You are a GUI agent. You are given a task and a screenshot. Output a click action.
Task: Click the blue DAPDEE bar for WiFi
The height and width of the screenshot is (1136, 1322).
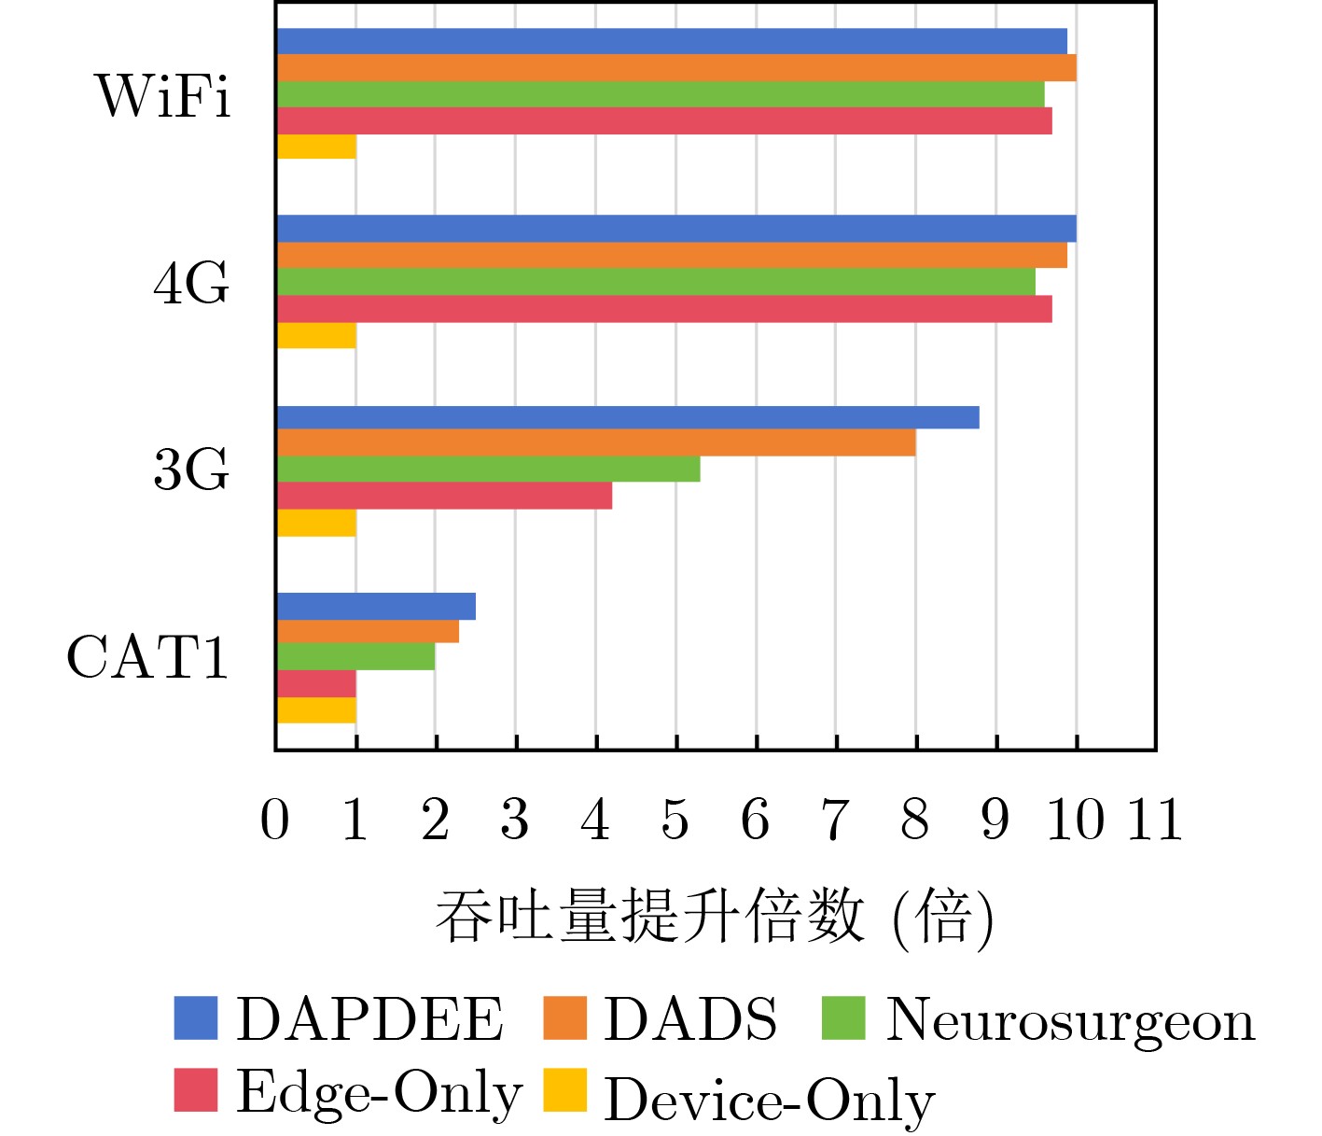[672, 41]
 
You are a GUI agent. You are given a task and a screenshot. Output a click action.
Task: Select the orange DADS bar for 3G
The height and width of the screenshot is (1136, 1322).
[596, 442]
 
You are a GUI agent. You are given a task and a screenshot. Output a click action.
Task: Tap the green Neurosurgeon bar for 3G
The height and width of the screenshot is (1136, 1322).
[488, 469]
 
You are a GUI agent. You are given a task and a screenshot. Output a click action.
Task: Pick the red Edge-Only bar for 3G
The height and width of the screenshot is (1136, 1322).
[444, 496]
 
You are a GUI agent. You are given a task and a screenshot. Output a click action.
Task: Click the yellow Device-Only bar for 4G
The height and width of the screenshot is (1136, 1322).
[316, 335]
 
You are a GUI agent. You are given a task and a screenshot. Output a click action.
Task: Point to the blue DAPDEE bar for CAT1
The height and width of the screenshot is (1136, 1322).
[376, 606]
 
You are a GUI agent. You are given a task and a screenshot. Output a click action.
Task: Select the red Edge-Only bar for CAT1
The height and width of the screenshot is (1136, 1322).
[316, 683]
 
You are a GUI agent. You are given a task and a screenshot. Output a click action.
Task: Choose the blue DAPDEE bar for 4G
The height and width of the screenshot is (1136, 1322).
[676, 229]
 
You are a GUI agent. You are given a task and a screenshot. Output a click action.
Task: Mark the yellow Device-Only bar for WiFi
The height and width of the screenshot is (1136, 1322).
[316, 147]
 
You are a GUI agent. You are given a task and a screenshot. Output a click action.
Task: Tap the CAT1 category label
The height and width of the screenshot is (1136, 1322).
[147, 657]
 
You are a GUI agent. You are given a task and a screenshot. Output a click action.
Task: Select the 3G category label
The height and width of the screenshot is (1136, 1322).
[190, 470]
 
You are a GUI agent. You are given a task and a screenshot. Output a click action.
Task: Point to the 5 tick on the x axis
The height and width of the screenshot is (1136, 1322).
[675, 820]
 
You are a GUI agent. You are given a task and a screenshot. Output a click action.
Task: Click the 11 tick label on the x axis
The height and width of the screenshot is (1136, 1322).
[1155, 820]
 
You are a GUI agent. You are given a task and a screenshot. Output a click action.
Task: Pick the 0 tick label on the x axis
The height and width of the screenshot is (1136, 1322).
[275, 820]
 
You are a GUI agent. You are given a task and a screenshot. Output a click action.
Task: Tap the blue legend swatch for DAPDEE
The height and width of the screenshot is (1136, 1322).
[196, 1017]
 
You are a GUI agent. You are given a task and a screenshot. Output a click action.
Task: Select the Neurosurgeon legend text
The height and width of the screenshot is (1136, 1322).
[1069, 1019]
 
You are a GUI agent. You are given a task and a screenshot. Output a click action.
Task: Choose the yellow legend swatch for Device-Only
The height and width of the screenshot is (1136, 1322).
[564, 1090]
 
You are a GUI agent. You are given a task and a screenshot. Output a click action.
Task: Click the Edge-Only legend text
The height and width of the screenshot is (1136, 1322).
[379, 1092]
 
